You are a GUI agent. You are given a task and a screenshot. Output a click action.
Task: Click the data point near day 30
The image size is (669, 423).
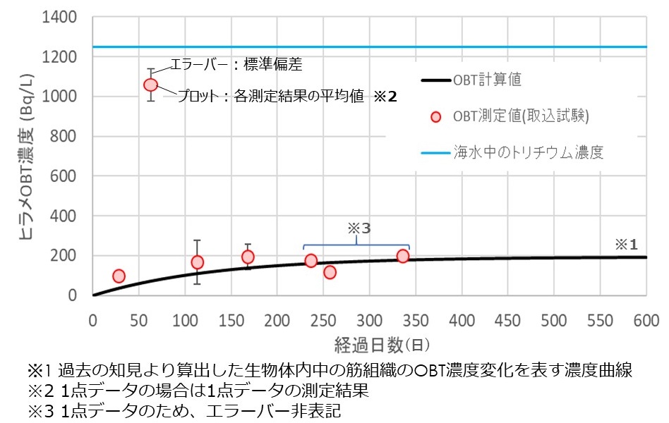119,276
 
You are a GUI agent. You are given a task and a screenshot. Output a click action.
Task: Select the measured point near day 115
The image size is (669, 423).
198,262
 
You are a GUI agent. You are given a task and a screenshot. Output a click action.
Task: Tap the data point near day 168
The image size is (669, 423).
248,257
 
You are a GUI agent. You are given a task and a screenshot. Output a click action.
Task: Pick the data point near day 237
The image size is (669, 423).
311,261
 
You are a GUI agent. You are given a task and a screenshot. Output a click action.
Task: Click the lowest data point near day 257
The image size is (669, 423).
330,272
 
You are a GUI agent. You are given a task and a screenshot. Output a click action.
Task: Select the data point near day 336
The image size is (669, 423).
403,256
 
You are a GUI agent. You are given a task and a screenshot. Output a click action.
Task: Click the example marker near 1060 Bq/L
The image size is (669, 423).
150,85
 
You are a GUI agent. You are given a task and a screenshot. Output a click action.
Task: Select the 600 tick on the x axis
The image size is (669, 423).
646,320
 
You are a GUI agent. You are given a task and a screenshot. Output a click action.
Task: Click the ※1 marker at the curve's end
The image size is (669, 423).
626,245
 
